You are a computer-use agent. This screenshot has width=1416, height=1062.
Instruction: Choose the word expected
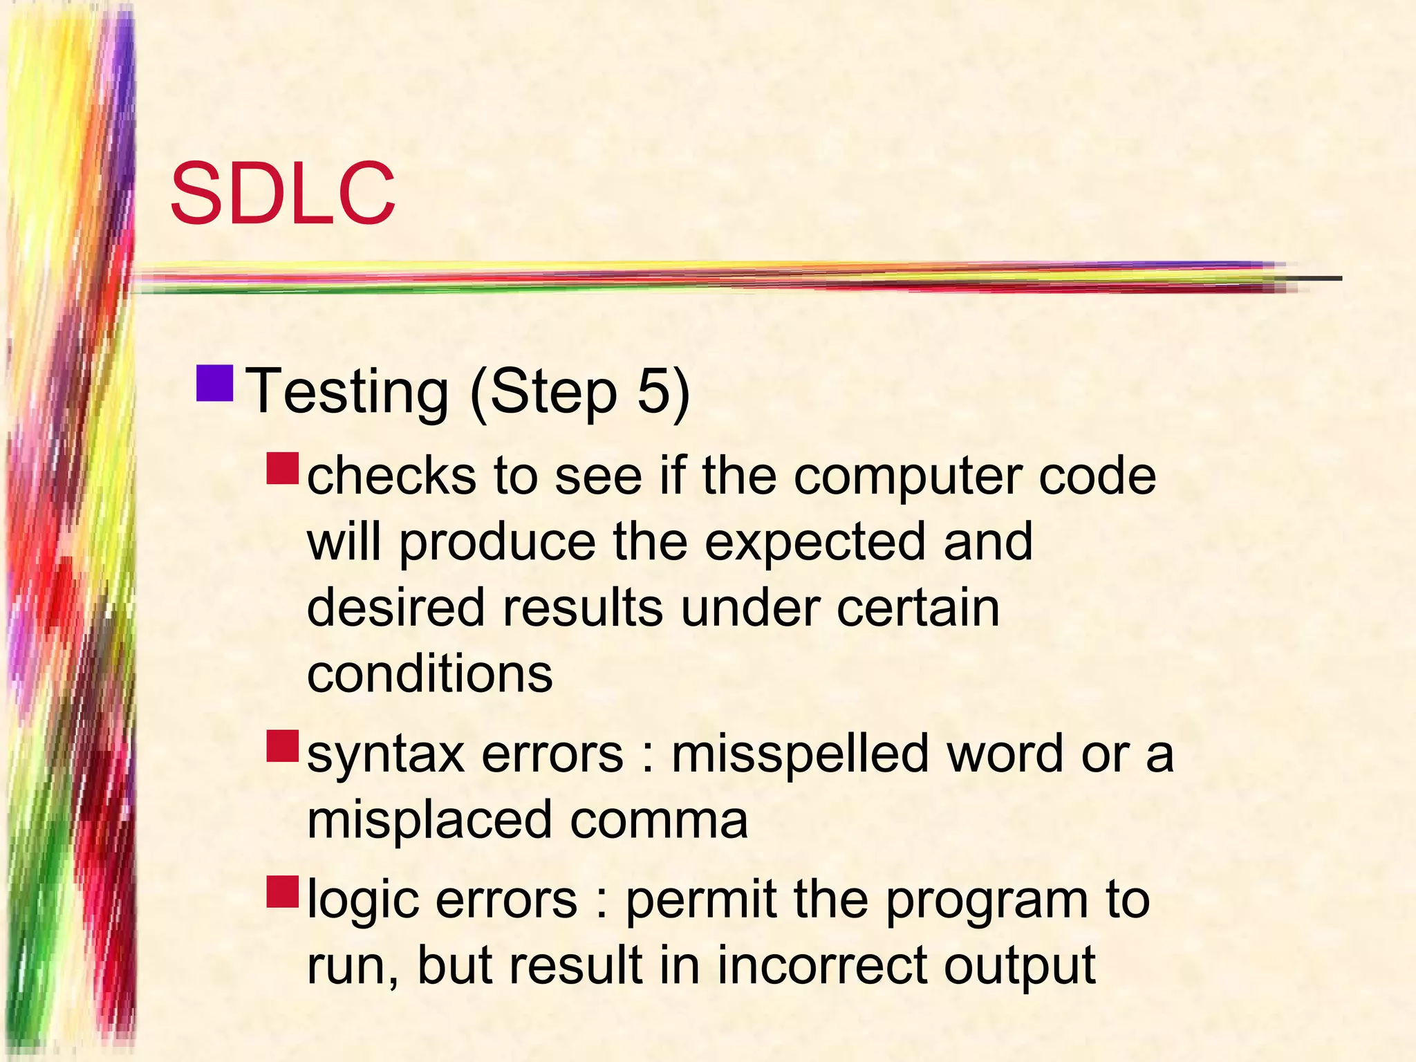(x=815, y=542)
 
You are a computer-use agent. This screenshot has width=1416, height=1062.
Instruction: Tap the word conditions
(x=429, y=673)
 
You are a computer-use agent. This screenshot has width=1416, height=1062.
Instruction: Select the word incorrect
(x=822, y=965)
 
